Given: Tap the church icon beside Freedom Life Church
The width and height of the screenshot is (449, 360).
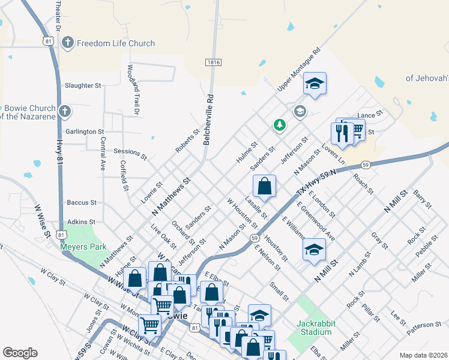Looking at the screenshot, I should tap(67, 43).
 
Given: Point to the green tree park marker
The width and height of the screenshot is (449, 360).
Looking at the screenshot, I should tap(279, 125).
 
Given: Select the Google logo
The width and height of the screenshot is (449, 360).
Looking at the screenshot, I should tap(20, 352).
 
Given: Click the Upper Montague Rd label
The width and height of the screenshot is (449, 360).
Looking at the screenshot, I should tap(299, 71).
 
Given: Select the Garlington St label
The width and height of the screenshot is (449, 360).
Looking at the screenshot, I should tap(85, 131).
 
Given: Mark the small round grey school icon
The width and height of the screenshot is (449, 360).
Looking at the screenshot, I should tap(300, 111).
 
